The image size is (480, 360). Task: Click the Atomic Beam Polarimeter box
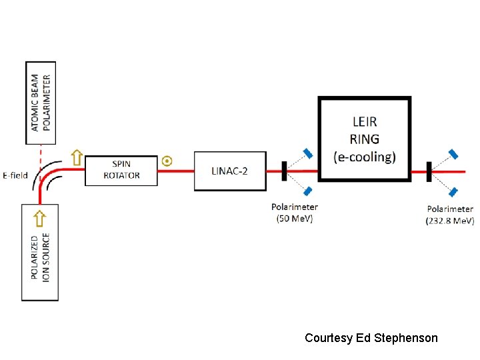coord(41,103)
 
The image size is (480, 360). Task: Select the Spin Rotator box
coord(121,170)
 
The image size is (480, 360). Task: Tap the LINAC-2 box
coord(230,171)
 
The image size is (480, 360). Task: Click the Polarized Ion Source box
coord(40,252)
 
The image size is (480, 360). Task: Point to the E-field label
coord(15,175)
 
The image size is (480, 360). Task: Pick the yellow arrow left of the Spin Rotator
coord(77,157)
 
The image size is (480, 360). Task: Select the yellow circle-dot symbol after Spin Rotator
coord(167,161)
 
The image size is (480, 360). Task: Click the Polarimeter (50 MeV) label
coord(294,213)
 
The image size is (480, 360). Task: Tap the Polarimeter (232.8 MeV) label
coord(450,215)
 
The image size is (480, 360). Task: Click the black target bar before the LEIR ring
coord(284,171)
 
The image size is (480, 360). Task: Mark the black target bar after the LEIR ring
coord(429,171)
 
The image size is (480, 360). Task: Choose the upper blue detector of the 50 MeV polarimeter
coord(308,153)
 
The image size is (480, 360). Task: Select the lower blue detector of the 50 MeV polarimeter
coord(308,191)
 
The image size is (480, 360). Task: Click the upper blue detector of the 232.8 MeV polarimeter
coord(453,154)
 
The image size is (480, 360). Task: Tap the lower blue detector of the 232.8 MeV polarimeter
coord(453,192)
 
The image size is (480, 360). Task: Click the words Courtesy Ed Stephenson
coord(371,338)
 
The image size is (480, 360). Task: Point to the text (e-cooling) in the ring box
coord(365,157)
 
